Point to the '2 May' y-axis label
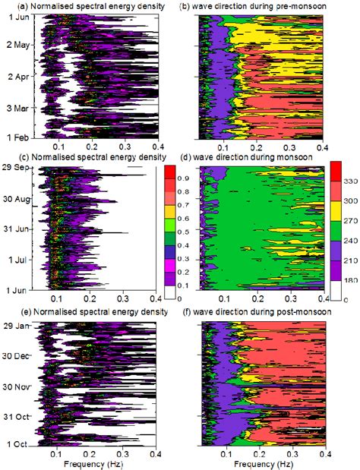tap(18, 45)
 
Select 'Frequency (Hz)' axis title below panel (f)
tap(260, 462)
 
